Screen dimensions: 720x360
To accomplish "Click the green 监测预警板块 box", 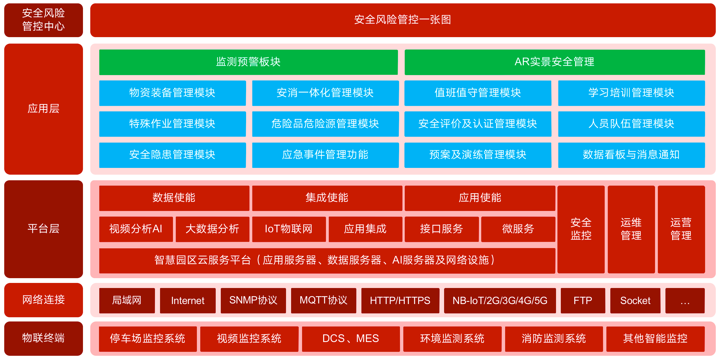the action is (x=248, y=62).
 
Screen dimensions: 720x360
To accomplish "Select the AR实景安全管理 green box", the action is (x=555, y=62).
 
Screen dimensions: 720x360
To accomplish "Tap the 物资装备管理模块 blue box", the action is (x=172, y=93).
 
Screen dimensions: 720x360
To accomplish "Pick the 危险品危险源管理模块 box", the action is (x=325, y=124).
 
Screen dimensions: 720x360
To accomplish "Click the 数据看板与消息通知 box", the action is (x=631, y=155).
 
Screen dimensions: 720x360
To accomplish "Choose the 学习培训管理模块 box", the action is (x=631, y=93).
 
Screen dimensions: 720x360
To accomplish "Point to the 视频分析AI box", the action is (x=136, y=229).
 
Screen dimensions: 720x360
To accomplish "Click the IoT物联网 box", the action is (x=289, y=229).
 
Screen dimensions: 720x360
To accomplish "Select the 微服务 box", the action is (x=518, y=229).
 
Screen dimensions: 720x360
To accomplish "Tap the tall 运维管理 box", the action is (x=631, y=229).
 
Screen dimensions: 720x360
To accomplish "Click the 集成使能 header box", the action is (x=327, y=198).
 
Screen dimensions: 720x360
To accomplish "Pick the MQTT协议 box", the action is (x=323, y=300).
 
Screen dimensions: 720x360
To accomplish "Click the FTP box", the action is (x=583, y=300).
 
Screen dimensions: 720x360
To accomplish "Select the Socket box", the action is (x=635, y=300).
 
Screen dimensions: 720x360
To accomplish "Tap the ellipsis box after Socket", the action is (x=685, y=300).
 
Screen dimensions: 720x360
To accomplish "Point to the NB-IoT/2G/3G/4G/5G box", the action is (x=500, y=300).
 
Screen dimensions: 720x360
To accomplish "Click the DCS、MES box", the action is (x=351, y=339).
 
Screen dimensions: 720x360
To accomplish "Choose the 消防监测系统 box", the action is (x=554, y=339).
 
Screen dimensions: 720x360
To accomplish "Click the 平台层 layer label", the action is (x=44, y=229).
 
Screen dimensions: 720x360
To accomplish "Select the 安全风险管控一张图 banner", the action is (x=403, y=20).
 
